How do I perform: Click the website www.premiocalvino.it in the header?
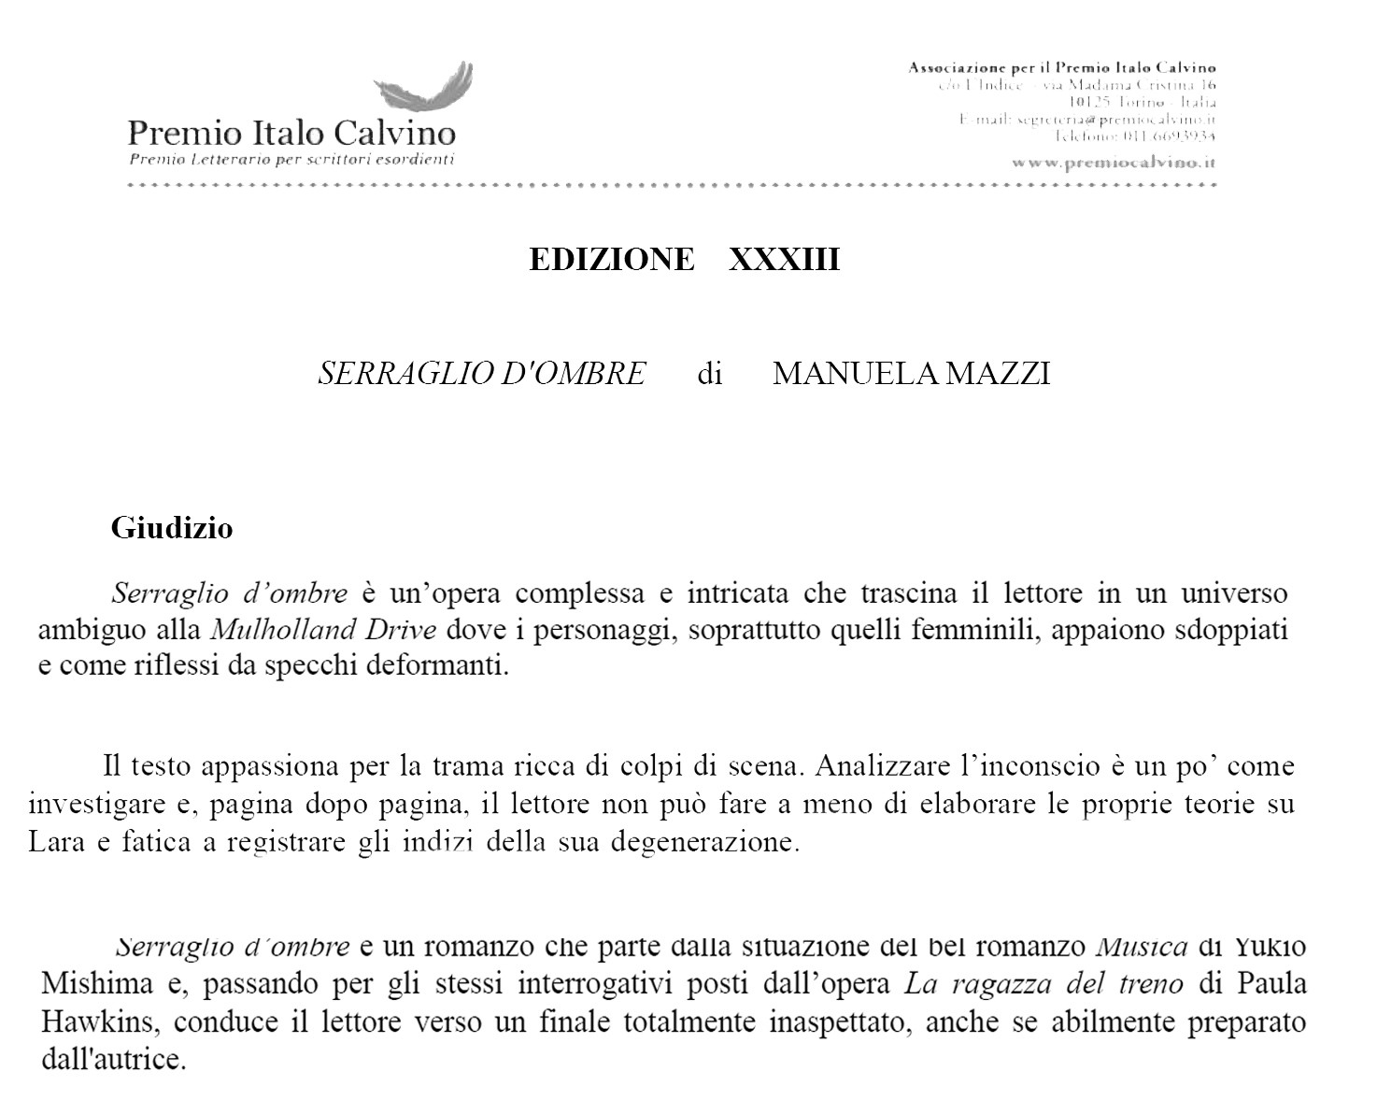pos(1114,162)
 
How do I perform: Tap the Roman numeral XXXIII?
pos(784,259)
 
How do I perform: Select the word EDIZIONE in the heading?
pos(612,259)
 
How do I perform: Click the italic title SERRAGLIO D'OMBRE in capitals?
pos(481,374)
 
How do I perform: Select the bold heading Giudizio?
pos(172,528)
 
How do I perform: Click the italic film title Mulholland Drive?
pos(324,630)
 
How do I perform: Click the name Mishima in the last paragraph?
pos(96,984)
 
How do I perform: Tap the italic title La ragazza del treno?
pos(1043,984)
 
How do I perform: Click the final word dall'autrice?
pos(113,1060)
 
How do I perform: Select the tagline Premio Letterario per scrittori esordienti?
pos(291,159)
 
